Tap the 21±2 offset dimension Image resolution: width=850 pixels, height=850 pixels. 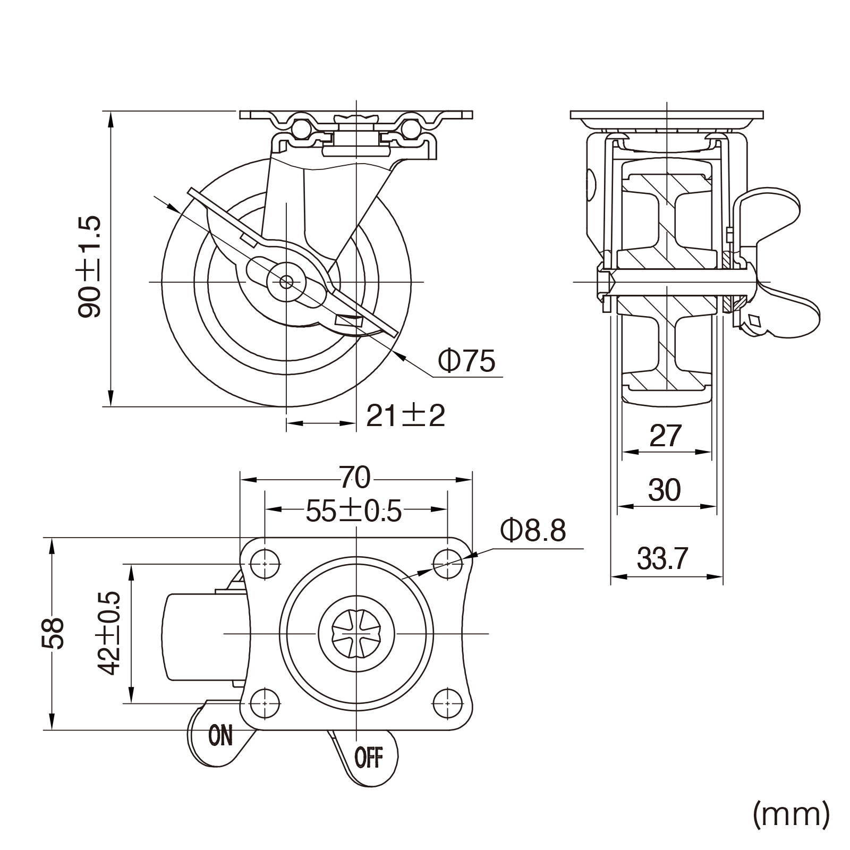click(x=405, y=416)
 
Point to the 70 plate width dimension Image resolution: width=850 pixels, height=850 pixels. click(x=355, y=478)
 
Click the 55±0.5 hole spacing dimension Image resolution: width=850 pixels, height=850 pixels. click(x=353, y=512)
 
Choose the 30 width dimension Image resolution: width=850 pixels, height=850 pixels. click(x=664, y=490)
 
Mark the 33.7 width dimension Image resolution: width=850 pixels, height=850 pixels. click(x=662, y=558)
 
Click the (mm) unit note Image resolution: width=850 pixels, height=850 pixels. click(x=790, y=814)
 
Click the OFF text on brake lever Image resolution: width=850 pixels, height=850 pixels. click(x=368, y=757)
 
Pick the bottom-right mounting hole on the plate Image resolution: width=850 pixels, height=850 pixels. click(x=447, y=703)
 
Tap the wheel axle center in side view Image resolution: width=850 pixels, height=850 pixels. click(x=286, y=282)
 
